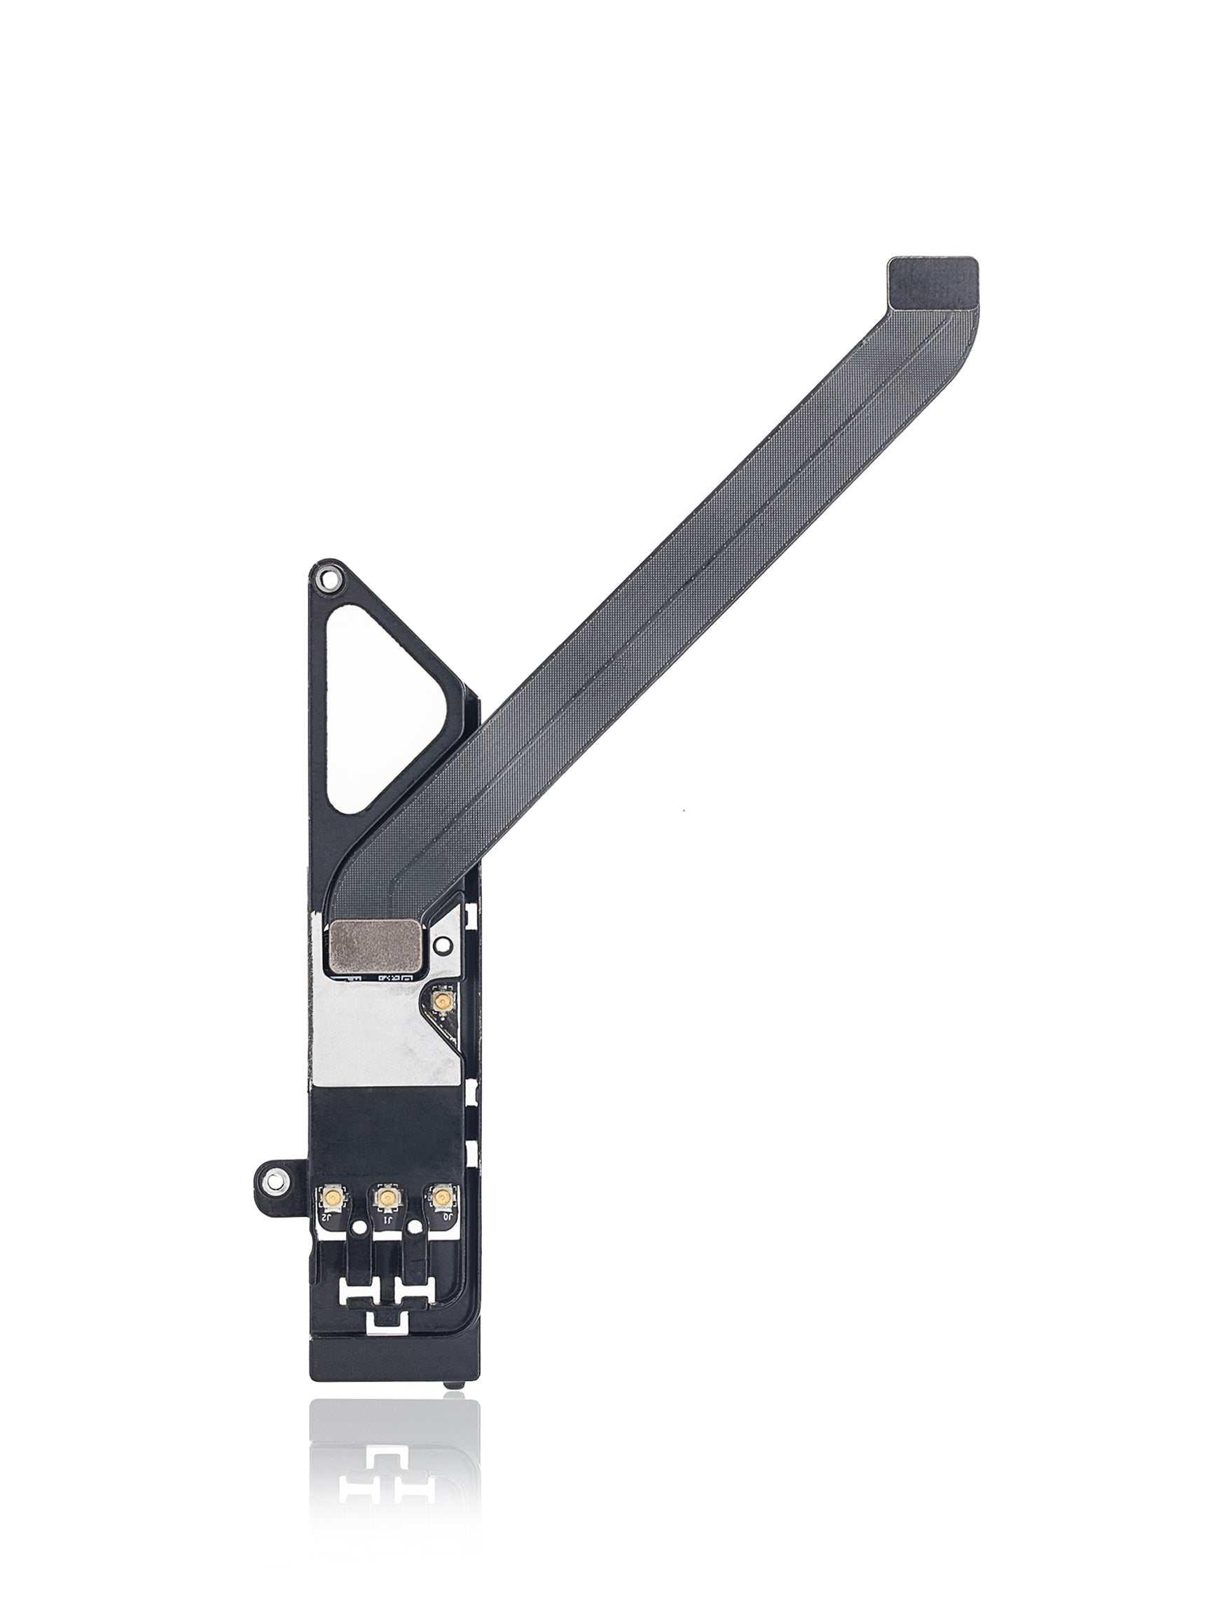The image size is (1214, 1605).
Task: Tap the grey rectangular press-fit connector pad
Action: click(x=375, y=946)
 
